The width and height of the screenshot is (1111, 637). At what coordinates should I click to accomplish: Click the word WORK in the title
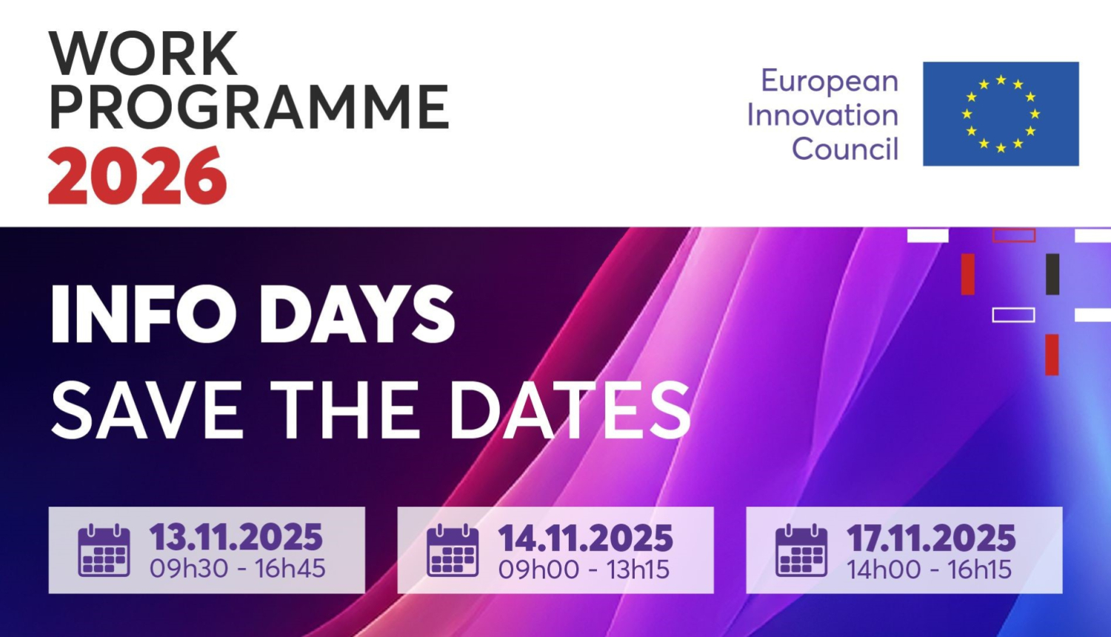click(x=143, y=53)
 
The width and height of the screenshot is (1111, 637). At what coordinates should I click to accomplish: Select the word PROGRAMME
click(x=250, y=107)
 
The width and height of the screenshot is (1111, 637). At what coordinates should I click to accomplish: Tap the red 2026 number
click(x=137, y=175)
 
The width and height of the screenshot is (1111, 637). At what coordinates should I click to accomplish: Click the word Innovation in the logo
click(x=823, y=115)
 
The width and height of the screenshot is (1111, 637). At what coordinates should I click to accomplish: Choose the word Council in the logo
click(x=845, y=148)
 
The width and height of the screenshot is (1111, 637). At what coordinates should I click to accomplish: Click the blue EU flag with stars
click(x=1001, y=113)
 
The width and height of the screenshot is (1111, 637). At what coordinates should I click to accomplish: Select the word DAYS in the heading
click(x=356, y=314)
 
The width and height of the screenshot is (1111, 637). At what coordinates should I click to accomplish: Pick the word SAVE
click(x=147, y=410)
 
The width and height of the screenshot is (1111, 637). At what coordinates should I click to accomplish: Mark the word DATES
click(x=570, y=410)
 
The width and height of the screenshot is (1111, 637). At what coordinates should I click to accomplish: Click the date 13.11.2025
click(x=236, y=537)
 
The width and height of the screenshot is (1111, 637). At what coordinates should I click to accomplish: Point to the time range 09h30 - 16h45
click(x=238, y=569)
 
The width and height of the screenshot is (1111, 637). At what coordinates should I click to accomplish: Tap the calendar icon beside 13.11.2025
click(x=104, y=550)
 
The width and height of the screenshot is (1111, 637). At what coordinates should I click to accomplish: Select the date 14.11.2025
click(x=585, y=538)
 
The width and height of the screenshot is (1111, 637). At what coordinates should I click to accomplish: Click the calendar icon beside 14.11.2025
click(x=453, y=550)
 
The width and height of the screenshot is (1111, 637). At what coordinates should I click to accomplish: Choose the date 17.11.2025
click(x=931, y=538)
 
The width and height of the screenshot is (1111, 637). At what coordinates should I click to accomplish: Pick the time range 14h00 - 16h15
click(x=929, y=569)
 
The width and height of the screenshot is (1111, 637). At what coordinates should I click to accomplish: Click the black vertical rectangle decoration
click(x=1052, y=274)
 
